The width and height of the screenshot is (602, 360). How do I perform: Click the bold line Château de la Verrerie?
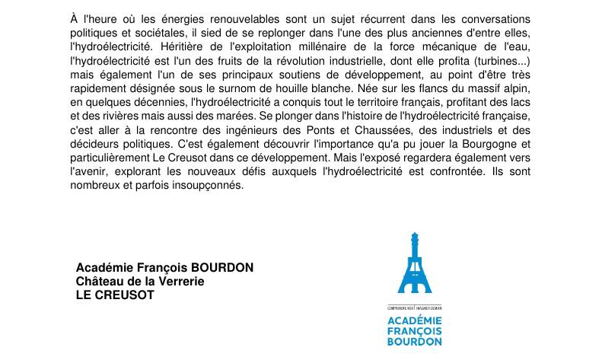pyautogui.click(x=140, y=282)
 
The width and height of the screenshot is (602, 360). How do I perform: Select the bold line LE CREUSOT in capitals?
pyautogui.click(x=115, y=295)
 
